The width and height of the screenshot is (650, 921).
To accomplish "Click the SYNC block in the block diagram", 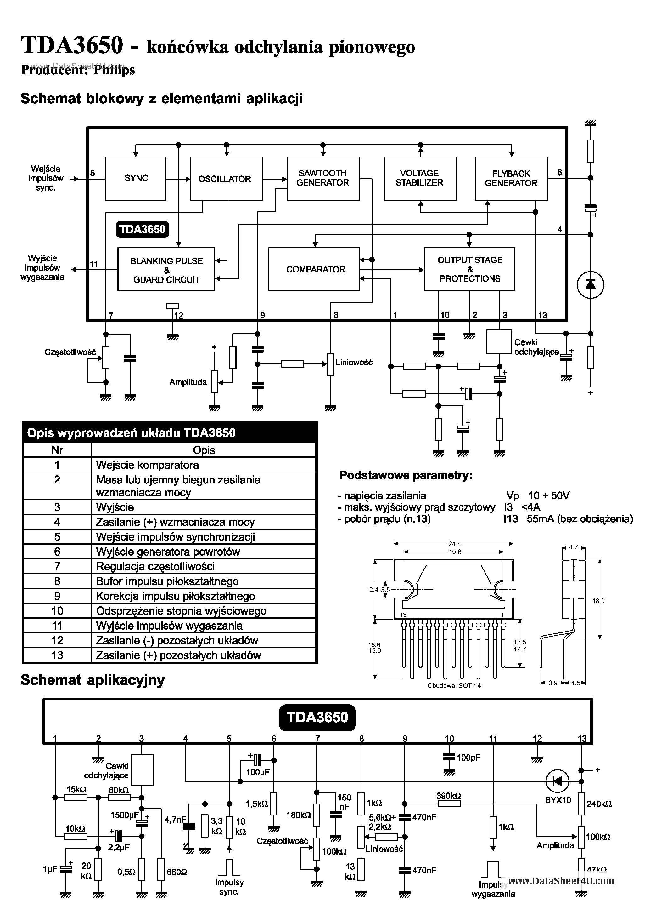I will click(x=136, y=179).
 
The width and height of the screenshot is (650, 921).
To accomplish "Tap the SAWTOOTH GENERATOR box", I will click(x=323, y=179).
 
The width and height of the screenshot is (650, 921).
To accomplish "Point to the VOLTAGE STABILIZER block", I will click(x=420, y=179).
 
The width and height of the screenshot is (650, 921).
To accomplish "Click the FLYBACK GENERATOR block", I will click(x=511, y=179).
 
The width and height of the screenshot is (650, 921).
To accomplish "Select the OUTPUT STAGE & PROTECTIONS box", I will click(x=469, y=269).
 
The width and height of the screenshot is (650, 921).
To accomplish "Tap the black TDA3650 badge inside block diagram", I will click(x=142, y=229).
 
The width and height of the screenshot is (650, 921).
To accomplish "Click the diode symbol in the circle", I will click(x=590, y=285).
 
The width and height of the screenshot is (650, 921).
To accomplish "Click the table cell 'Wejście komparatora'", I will click(x=148, y=465).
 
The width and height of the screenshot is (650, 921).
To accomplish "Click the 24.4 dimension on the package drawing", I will click(x=454, y=544).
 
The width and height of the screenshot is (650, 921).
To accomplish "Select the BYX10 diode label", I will click(x=558, y=800).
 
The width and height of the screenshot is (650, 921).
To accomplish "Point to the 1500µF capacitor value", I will click(x=124, y=815).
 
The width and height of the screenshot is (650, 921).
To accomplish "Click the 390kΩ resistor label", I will click(x=448, y=795).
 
